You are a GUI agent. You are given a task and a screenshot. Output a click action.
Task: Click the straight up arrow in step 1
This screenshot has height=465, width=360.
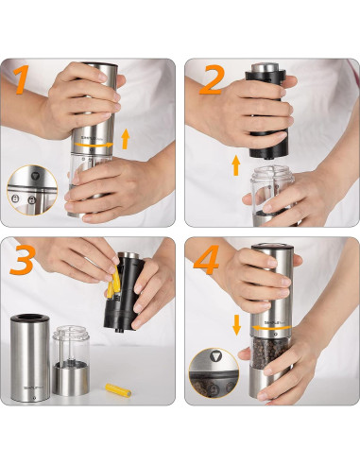[x=126, y=142]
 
